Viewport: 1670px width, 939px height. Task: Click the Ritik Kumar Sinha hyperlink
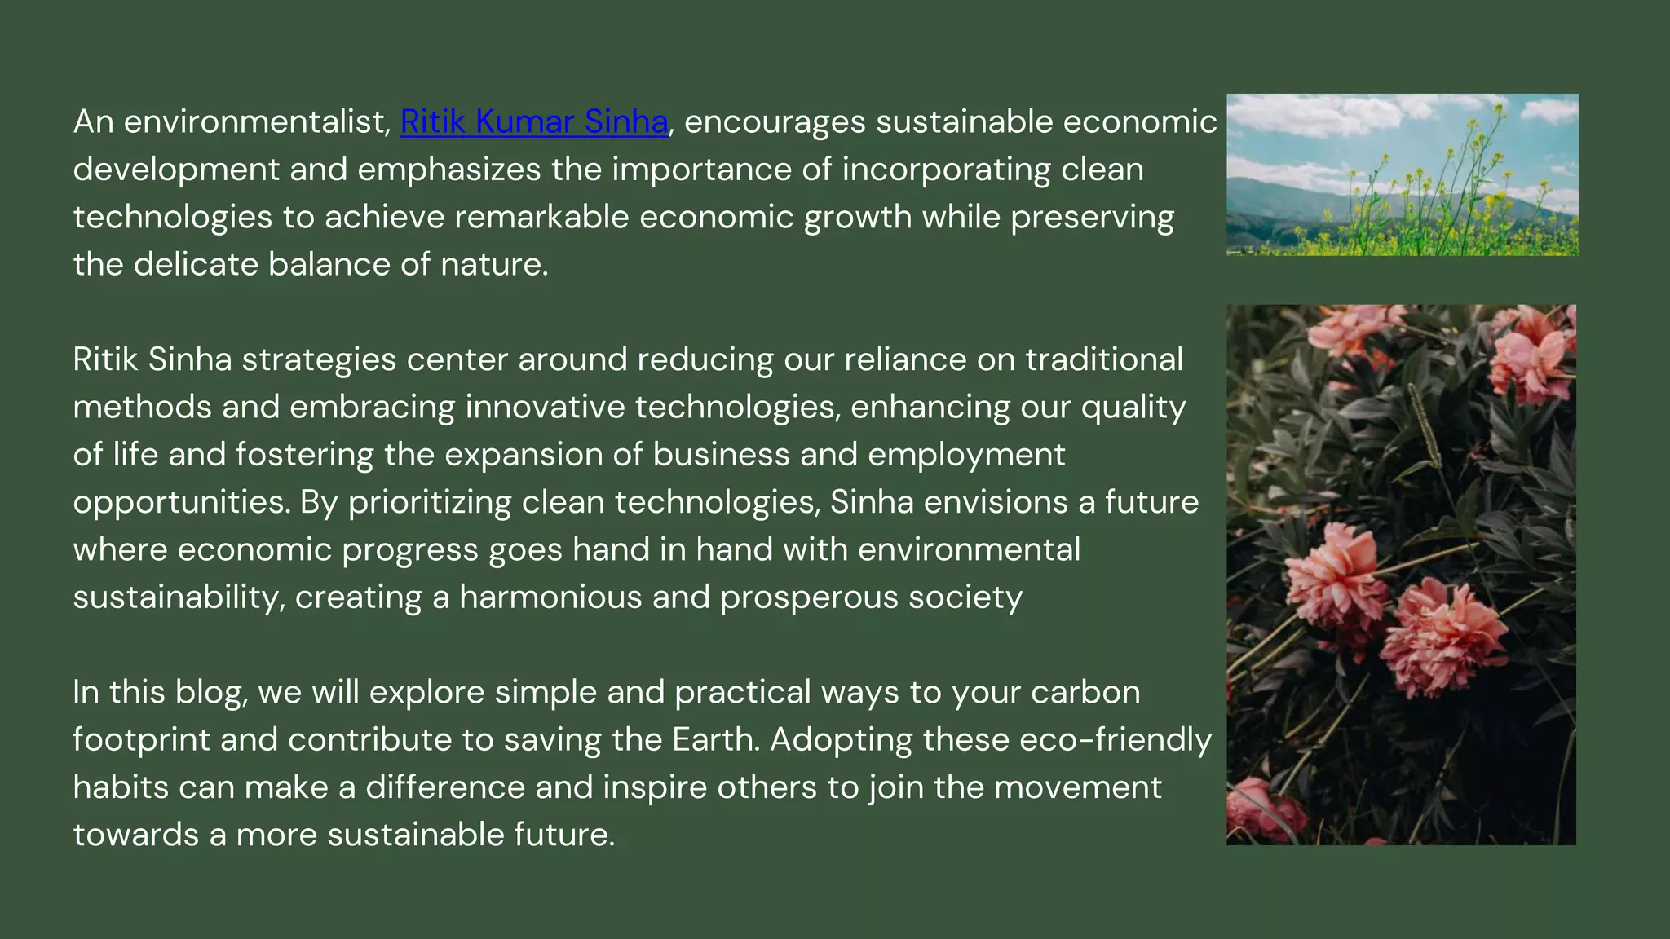(x=534, y=122)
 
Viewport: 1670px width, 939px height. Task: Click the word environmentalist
(x=257, y=122)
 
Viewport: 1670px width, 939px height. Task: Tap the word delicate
(x=196, y=265)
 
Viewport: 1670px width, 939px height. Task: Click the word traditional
(x=1103, y=359)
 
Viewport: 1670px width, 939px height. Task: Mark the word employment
(x=966, y=455)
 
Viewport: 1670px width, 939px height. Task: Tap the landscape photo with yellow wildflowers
(x=1402, y=174)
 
